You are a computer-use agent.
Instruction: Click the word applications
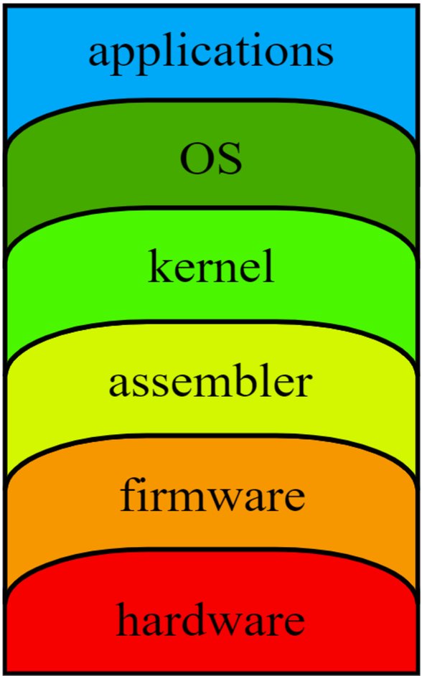(x=211, y=52)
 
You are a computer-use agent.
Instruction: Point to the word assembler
(x=211, y=382)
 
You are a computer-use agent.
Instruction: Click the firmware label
(x=211, y=495)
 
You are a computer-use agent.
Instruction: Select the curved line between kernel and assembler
(x=211, y=322)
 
